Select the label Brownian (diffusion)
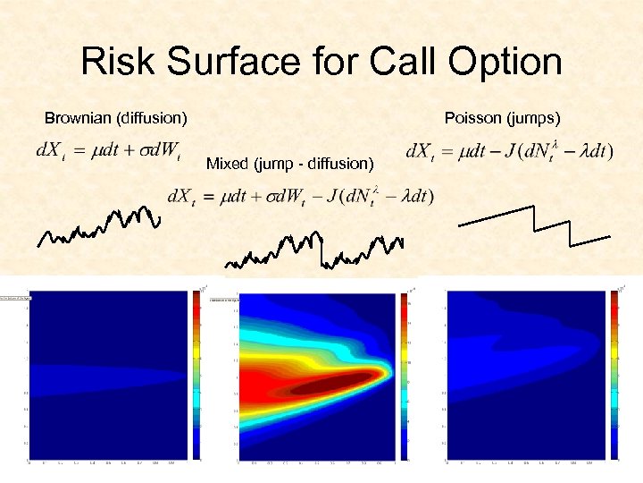(x=116, y=118)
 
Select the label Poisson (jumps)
(x=502, y=118)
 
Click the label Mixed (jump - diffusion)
(x=289, y=163)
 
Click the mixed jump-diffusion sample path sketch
(x=313, y=250)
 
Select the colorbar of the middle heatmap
(x=405, y=376)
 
